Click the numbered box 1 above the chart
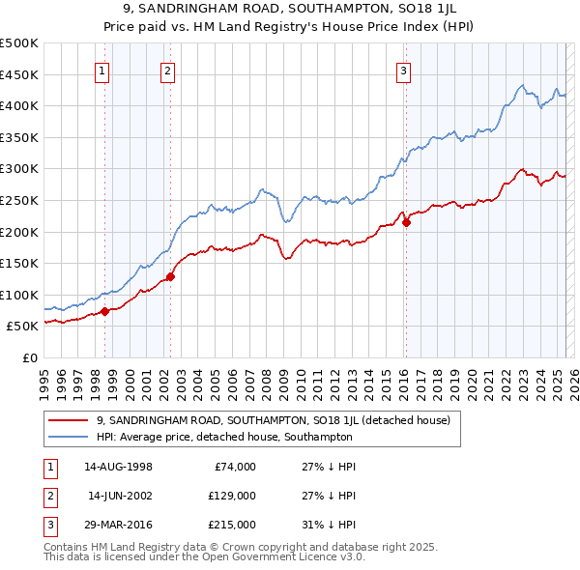101,70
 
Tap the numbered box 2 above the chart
167,70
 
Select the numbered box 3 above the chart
403,70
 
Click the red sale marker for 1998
104,311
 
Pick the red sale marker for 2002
170,276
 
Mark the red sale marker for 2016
406,222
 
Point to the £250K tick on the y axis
20,200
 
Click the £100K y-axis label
20,295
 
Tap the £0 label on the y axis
29,357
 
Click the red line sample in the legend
67,420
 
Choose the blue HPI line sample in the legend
67,437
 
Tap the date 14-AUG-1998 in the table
119,466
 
